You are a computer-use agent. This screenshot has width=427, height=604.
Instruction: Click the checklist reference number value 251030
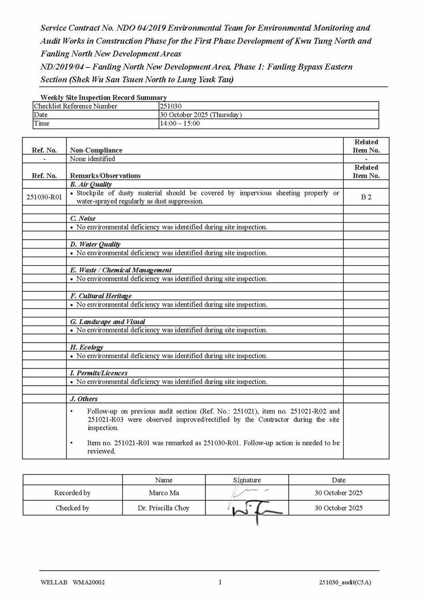coord(171,106)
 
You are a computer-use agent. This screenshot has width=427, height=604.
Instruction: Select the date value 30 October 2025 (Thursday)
coord(201,115)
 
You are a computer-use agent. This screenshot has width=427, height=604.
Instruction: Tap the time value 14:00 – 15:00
coord(180,124)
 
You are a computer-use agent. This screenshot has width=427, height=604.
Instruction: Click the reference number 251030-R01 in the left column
coord(44,197)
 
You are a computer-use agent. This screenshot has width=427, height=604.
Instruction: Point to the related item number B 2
coord(366,197)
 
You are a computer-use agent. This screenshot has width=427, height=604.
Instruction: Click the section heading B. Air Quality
coord(91,184)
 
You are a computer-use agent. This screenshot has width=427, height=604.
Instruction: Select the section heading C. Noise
coord(83,219)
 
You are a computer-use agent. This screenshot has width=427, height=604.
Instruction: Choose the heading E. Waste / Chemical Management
coord(121,270)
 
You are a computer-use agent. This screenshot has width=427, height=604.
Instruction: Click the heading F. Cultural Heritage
coord(101,296)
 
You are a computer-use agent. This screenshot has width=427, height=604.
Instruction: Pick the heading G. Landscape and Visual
coord(108,322)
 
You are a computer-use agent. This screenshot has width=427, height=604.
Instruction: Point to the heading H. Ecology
coord(87,347)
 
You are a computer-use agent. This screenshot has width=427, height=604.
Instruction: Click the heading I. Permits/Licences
coord(98,373)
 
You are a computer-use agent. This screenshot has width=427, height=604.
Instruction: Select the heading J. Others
coord(84,399)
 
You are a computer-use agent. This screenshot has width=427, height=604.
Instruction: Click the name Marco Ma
coord(163,493)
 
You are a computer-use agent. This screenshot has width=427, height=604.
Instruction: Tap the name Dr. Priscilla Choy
coord(163,508)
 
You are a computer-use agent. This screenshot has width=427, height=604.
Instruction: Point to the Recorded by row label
coord(72,493)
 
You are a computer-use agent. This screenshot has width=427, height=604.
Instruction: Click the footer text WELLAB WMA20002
coord(73,582)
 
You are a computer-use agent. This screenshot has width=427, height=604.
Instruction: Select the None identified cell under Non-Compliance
coord(92,159)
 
